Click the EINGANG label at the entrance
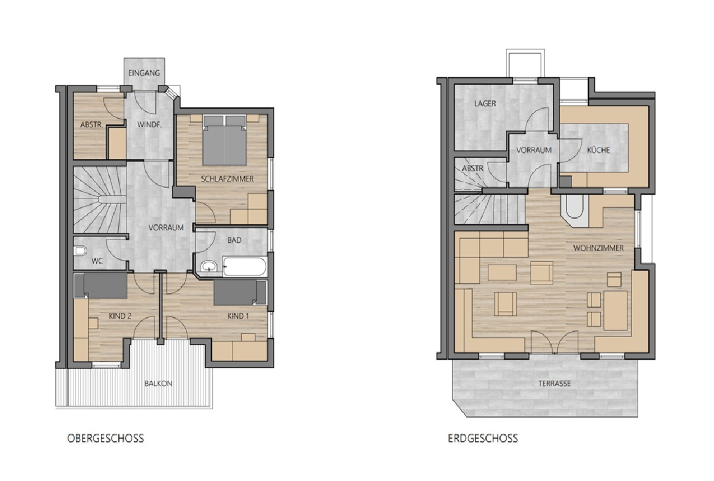pos(144,73)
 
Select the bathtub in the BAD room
pos(245,266)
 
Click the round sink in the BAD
pos(208,266)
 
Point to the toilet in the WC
pos(80,251)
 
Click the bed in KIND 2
pos(101,286)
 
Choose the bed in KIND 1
pos(240,293)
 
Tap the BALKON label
pos(158,384)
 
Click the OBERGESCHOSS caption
pos(106,438)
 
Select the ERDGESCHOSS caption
pos(483,438)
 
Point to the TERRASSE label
pos(554,384)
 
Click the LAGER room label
pos(485,103)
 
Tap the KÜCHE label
pos(598,150)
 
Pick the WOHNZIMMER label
pos(598,248)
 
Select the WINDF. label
pos(150,125)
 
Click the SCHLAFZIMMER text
pos(227,179)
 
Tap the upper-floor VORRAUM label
pos(166,227)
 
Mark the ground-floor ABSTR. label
pos(473,168)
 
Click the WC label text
pos(97,261)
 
